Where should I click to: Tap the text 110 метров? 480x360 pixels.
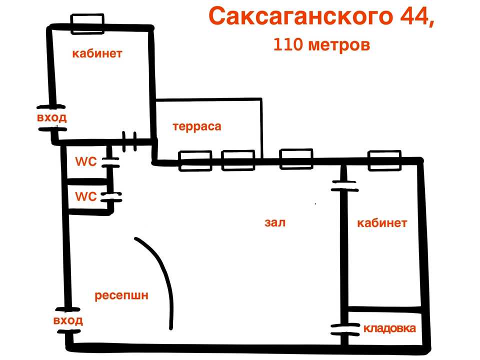point(321,44)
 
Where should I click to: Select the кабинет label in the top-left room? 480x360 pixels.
point(97,53)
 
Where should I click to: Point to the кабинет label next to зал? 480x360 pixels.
point(382,223)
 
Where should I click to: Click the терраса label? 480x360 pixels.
point(197,126)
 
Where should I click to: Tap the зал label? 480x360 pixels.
point(275,222)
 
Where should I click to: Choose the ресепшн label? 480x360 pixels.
point(121,295)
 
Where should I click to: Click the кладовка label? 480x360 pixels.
point(389,328)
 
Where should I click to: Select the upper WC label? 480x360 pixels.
point(85,161)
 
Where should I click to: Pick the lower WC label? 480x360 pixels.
point(85,196)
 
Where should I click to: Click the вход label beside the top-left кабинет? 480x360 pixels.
point(51,118)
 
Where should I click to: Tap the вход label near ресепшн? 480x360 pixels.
point(68,320)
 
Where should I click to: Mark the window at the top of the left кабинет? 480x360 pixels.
point(87,24)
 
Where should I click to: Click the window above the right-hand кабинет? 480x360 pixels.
point(384,160)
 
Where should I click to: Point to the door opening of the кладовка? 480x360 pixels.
point(345,330)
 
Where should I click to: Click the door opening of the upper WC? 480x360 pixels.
point(110,162)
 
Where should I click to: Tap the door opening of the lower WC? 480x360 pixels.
point(111,197)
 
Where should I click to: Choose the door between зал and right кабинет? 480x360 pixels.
point(344,186)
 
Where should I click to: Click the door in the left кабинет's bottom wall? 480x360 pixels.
point(129,141)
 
